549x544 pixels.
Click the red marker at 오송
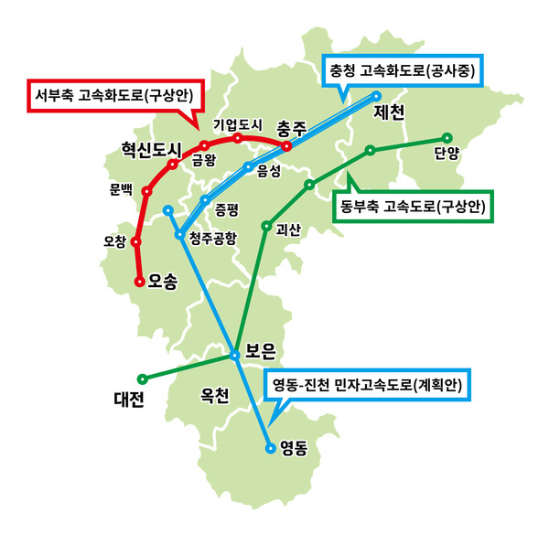(140, 282)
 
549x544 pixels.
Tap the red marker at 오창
(135, 241)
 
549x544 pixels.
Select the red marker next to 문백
(146, 191)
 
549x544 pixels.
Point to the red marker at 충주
(286, 146)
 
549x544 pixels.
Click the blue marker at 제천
(376, 95)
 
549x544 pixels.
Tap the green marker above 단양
(447, 138)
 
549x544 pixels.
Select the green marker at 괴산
(266, 226)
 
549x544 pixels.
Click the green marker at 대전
(142, 379)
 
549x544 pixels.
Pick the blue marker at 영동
(270, 448)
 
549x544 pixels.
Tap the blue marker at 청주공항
(180, 234)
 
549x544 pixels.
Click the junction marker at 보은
(234, 356)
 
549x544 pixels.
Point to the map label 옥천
(214, 396)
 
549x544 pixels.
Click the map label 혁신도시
(152, 150)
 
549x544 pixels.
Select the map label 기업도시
(238, 125)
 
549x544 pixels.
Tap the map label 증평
(227, 210)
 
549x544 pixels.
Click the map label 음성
(268, 171)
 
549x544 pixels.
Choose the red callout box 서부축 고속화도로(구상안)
(115, 96)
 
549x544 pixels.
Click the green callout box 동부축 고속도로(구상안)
(413, 207)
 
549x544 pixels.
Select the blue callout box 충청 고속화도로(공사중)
(403, 70)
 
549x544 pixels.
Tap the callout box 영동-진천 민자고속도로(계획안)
(367, 385)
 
